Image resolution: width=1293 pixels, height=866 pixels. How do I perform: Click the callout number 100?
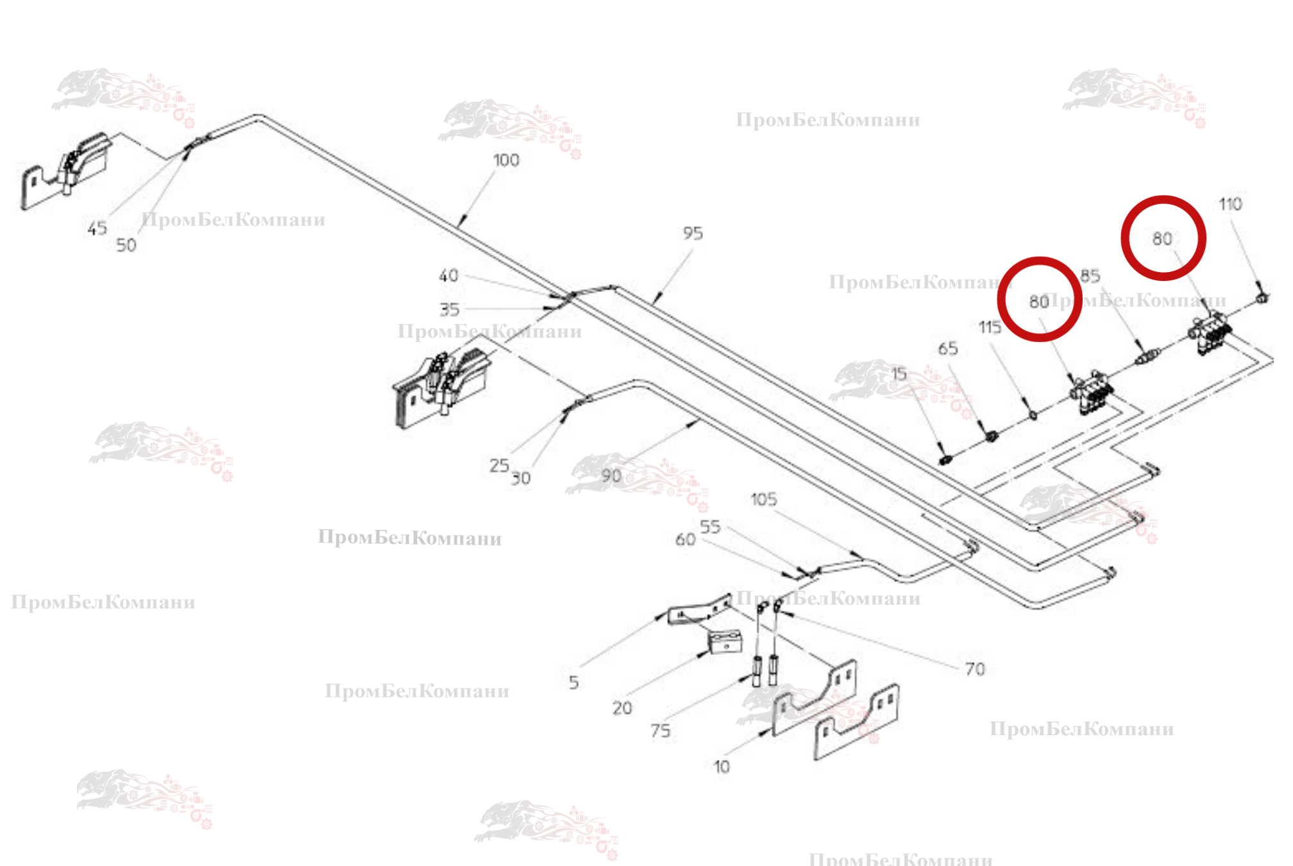(506, 160)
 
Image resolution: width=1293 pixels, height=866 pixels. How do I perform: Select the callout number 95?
(693, 233)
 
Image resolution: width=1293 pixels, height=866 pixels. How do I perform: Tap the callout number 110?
(1230, 205)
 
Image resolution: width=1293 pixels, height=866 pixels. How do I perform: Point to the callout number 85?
(1090, 276)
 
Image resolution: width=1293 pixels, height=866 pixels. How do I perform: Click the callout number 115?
(990, 328)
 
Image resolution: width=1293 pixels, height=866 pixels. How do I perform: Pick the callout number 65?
(948, 349)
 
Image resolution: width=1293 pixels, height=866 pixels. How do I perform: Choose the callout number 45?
(97, 229)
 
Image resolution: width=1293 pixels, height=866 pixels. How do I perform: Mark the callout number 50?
(126, 246)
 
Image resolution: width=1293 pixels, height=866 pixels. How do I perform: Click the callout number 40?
(448, 276)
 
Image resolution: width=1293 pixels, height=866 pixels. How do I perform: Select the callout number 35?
(449, 310)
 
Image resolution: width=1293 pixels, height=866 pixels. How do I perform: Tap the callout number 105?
(763, 500)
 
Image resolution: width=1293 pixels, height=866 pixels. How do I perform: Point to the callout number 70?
(975, 670)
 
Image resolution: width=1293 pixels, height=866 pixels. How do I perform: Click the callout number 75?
(660, 731)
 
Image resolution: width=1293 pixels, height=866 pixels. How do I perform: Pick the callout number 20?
(621, 708)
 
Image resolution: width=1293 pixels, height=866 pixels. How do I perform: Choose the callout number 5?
(573, 683)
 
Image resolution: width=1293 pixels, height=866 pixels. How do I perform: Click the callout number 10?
(722, 767)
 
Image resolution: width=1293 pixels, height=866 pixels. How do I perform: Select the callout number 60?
(685, 540)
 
